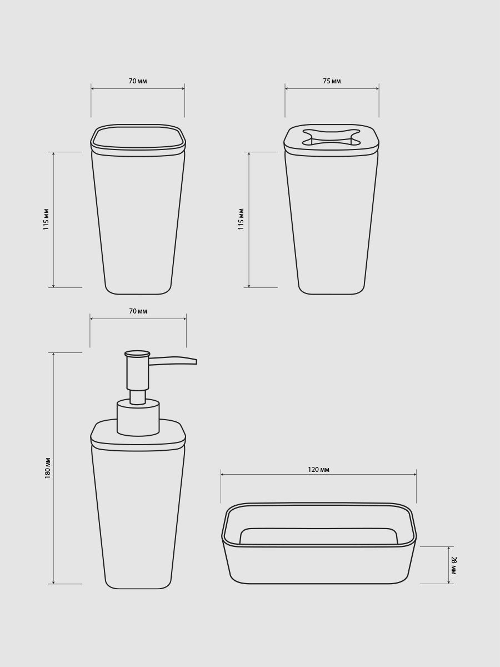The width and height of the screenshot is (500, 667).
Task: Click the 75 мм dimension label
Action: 332,81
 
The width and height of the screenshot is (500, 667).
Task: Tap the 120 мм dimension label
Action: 318,470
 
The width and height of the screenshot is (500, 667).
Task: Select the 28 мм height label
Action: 453,565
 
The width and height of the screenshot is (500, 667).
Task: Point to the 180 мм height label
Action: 48,468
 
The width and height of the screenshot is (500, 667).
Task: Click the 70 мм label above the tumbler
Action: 138,81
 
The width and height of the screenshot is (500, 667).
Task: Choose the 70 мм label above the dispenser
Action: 138,311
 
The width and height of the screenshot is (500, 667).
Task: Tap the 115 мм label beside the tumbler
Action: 46,220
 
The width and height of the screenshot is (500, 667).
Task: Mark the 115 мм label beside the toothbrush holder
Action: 241,219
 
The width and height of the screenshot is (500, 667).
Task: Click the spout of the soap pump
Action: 172,361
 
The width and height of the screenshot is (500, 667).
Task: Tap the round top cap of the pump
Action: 137,354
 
